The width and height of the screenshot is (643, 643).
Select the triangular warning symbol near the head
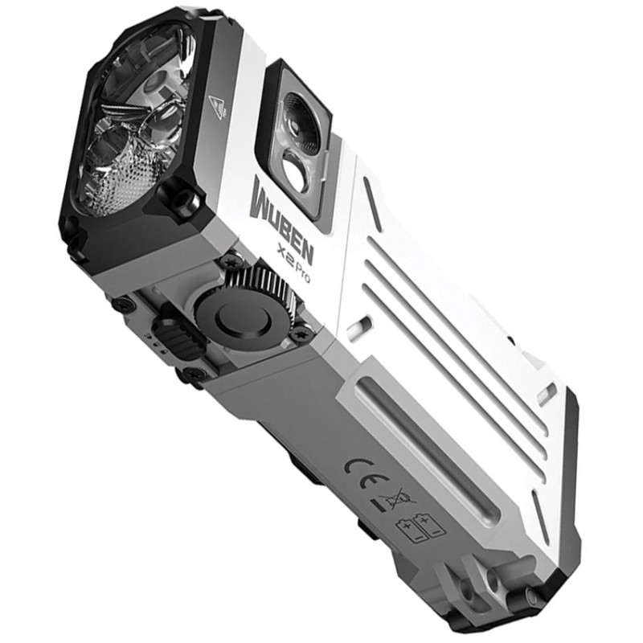pyautogui.click(x=216, y=106)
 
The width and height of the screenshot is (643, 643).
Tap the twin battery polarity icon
pyautogui.click(x=419, y=529)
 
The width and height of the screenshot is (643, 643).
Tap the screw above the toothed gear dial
pyautogui.click(x=233, y=261)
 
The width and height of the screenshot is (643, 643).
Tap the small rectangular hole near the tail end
pyautogui.click(x=546, y=393)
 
